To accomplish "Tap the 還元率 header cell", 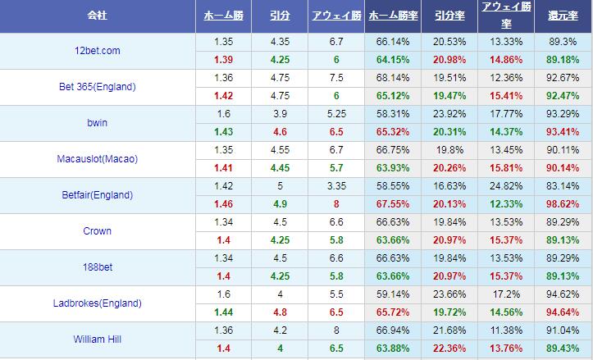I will point(563,16).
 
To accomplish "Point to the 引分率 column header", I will point(449,16).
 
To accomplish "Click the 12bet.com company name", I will point(98,51).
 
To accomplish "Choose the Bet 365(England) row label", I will point(98,87).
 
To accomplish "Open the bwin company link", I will point(98,123).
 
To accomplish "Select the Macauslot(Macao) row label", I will point(98,159).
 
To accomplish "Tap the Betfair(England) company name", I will point(98,195).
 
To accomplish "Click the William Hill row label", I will point(98,339).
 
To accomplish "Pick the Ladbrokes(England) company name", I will point(98,303).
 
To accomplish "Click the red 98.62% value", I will point(563,204).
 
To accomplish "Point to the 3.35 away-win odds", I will point(336,186).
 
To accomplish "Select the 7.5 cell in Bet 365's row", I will point(336,78).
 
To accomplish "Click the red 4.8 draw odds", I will point(279,312).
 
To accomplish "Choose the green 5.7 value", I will point(336,168).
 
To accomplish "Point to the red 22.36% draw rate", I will point(449,349).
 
